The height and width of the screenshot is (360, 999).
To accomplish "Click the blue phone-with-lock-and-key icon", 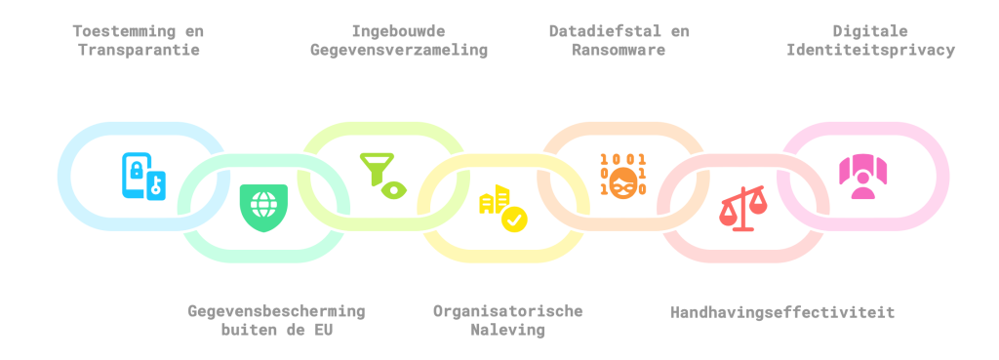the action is [144, 177].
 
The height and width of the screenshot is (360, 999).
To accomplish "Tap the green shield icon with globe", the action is [263, 208].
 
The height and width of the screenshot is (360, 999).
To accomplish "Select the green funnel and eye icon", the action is [382, 177].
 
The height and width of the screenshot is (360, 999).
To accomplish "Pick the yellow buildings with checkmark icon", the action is [503, 208].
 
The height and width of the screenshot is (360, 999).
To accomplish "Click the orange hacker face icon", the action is [623, 176].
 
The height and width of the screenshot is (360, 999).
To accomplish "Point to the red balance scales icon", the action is [742, 208].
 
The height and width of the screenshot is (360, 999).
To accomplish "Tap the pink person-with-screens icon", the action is [862, 177].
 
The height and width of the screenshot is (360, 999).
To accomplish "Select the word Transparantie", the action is [139, 50].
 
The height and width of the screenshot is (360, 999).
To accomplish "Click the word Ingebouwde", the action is [398, 30].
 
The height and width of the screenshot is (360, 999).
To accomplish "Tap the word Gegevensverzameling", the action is [399, 50].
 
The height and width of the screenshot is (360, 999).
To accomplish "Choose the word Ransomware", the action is [618, 50].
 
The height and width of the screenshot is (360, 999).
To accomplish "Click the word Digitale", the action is [870, 30].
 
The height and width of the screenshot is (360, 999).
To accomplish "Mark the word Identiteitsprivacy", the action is [871, 50].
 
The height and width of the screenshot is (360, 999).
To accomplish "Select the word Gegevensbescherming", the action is [276, 311].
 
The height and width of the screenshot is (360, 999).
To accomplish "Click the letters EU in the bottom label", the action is [323, 331].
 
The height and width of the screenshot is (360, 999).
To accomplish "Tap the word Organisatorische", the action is [507, 311].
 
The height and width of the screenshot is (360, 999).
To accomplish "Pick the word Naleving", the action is [507, 331].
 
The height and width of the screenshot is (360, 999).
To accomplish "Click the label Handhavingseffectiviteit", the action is [782, 312].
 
